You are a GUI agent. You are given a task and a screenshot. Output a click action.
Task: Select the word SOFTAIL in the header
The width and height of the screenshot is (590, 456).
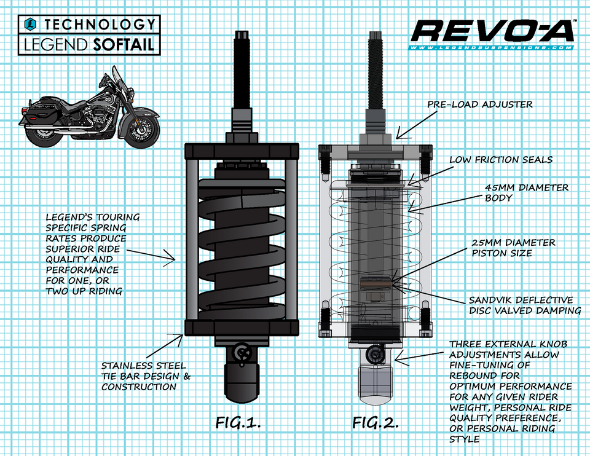[x=127, y=44]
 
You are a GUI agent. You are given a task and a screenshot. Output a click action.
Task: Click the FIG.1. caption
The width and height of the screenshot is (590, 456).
[x=238, y=423]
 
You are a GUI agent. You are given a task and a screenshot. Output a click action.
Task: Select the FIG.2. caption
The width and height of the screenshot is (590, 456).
[x=376, y=423]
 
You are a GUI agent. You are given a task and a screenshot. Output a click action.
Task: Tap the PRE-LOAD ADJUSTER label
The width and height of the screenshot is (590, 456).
[x=479, y=104]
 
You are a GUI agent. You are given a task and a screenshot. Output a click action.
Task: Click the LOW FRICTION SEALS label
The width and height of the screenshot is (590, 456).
[x=501, y=160]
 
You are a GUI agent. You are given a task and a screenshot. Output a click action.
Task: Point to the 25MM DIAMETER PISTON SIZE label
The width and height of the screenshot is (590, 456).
[x=513, y=248]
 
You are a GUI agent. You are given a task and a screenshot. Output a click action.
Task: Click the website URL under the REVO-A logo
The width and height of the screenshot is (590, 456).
[x=491, y=48]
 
